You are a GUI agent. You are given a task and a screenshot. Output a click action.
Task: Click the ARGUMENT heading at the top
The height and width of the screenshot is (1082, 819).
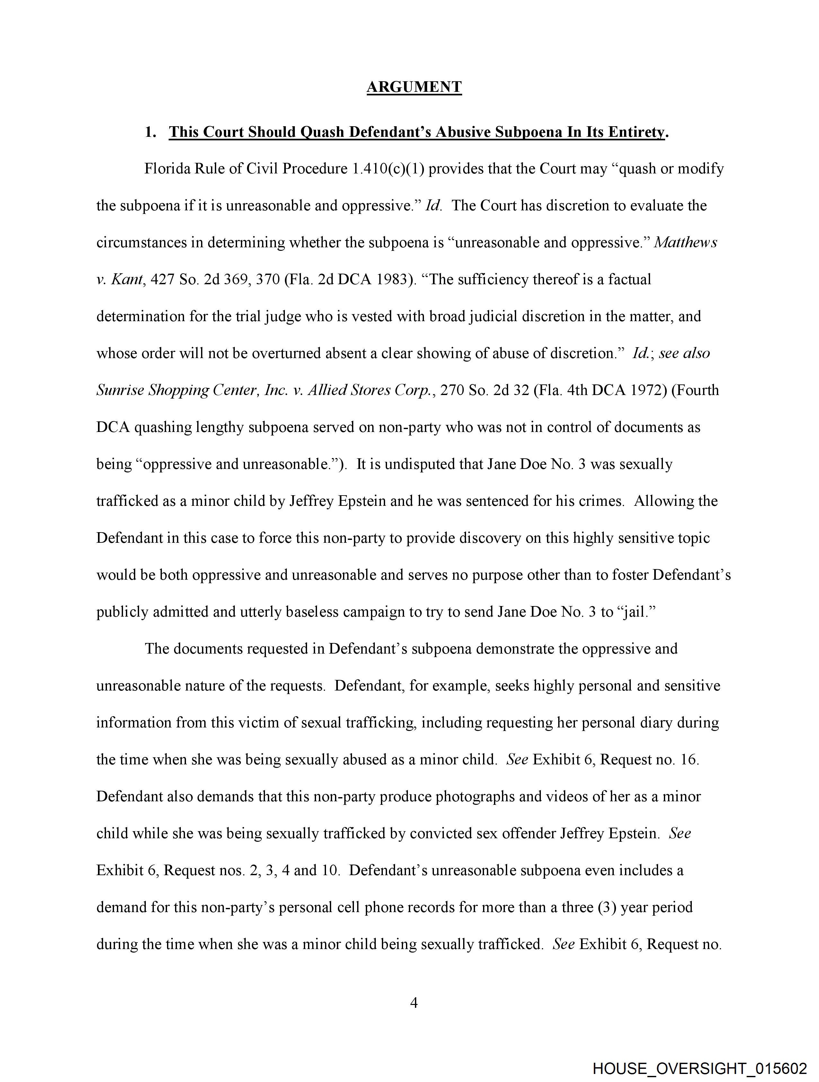point(414,87)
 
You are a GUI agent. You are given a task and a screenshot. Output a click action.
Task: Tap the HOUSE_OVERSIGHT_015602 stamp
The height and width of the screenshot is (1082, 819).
point(700,1068)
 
